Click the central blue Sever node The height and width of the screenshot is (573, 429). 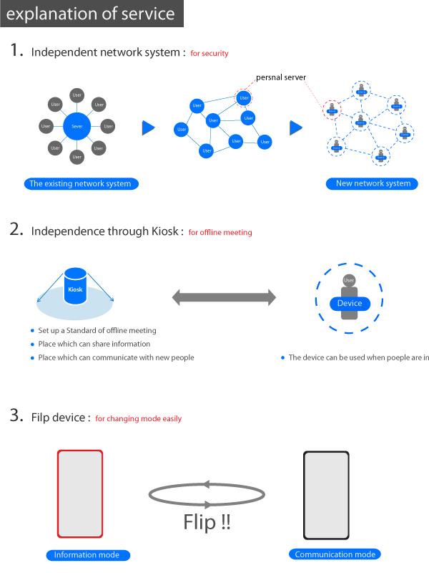77,127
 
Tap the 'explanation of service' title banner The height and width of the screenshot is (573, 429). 92,14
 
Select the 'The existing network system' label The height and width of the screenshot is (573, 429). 80,183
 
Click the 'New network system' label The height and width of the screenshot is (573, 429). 373,183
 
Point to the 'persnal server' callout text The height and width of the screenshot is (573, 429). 281,76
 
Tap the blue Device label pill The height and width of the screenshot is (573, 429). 350,303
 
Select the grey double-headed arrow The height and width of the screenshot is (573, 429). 223,297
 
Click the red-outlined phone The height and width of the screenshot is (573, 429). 80,493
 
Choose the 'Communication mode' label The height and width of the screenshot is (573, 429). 335,554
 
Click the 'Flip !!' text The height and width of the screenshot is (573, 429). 207,522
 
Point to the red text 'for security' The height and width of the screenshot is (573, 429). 209,54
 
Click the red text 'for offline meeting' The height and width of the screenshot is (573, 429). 220,233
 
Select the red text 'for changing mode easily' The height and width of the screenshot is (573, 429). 139,418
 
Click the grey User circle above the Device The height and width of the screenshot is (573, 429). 349,280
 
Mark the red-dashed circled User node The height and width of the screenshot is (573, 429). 244,97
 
